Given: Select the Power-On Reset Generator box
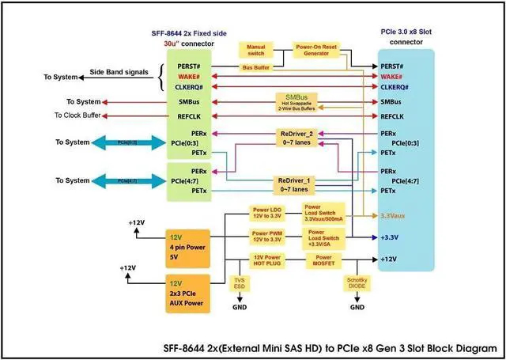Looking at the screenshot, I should [317, 51].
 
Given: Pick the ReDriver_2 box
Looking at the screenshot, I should [297, 136].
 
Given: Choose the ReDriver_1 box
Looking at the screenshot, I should [297, 184].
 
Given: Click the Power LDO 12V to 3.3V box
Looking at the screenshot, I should [266, 214].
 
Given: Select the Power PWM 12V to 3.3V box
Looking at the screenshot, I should [266, 237].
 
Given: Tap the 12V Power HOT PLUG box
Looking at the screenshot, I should [266, 260].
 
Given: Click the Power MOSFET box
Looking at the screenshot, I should [323, 260].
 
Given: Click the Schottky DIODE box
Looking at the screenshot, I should [357, 283].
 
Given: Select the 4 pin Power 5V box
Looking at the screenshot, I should [187, 246].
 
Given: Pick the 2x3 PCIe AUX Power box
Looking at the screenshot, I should [187, 292].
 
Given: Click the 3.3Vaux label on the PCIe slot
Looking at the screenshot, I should [393, 215].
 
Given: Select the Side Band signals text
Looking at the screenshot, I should [119, 71].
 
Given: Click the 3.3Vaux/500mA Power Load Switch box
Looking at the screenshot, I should [323, 214].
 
